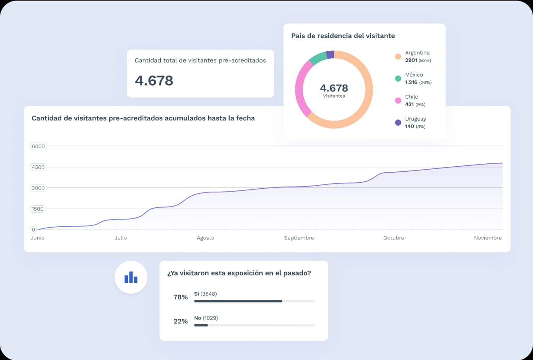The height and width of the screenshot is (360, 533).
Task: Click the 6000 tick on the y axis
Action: (x=38, y=146)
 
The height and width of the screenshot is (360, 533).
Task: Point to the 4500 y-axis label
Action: (x=38, y=167)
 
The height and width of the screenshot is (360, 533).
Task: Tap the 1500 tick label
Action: (x=38, y=209)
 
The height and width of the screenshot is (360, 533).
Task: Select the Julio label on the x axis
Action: (x=121, y=238)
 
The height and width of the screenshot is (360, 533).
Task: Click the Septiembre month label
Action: (x=299, y=238)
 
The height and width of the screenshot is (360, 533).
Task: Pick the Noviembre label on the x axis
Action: (x=488, y=238)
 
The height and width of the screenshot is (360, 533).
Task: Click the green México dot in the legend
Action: (x=398, y=79)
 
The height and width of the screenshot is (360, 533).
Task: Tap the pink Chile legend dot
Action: (x=398, y=100)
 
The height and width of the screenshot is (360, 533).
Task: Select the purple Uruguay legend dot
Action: (x=398, y=123)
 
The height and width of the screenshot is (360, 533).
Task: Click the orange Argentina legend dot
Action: (x=398, y=56)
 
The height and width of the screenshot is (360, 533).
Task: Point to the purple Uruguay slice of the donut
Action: (x=330, y=55)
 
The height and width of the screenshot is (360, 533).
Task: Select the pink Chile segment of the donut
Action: (x=302, y=89)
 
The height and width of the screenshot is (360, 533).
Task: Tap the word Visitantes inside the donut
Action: (x=334, y=96)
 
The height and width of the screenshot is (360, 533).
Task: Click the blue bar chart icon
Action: (x=131, y=277)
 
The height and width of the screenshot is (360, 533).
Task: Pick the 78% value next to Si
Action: (x=181, y=297)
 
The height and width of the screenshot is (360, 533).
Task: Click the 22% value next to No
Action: (x=181, y=321)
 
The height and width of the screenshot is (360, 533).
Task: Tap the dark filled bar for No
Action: (x=201, y=325)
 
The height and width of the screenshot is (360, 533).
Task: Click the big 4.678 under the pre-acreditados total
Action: (x=154, y=80)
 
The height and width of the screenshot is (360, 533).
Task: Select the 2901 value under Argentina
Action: (x=411, y=60)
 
